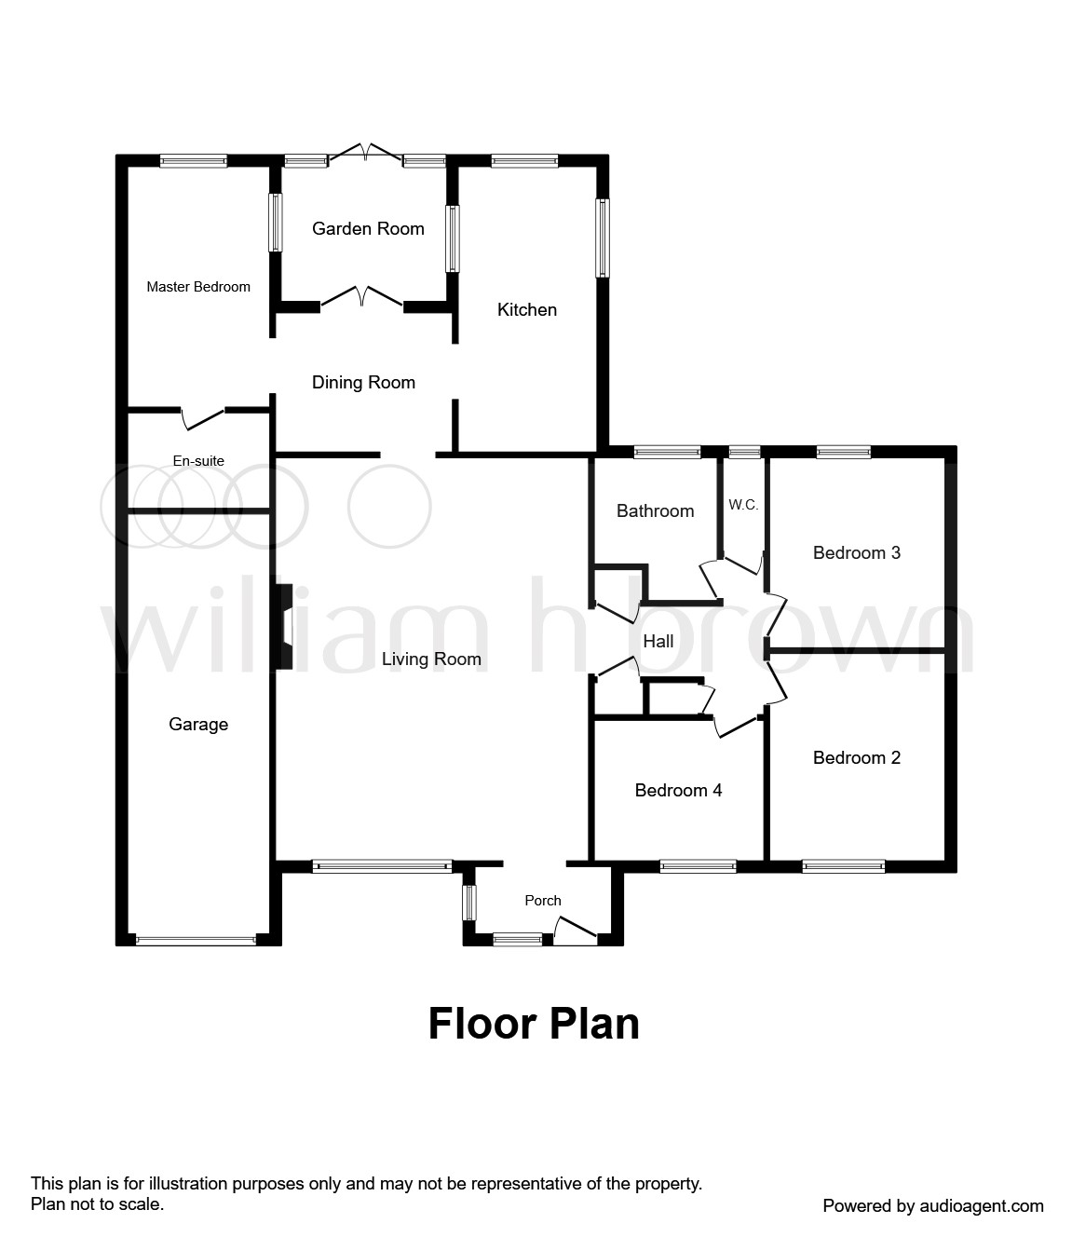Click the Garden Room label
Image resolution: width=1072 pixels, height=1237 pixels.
pyautogui.click(x=368, y=228)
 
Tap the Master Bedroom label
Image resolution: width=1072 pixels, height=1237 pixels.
pyautogui.click(x=198, y=287)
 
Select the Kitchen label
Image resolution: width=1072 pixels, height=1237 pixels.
pyautogui.click(x=527, y=309)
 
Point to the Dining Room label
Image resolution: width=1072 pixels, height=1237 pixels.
pyautogui.click(x=363, y=383)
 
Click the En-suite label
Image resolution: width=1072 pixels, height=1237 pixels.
pyautogui.click(x=198, y=461)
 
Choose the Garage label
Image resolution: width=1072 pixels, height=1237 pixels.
pyautogui.click(x=198, y=724)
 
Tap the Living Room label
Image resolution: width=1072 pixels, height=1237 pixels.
pyautogui.click(x=431, y=659)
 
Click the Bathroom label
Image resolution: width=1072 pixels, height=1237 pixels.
pyautogui.click(x=655, y=510)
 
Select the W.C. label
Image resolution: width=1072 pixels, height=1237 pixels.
pyautogui.click(x=743, y=505)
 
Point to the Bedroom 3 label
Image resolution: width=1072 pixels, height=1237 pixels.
pyautogui.click(x=857, y=552)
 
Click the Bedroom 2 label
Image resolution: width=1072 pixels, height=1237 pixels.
pyautogui.click(x=857, y=757)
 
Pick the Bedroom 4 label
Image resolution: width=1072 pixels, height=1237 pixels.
pyautogui.click(x=678, y=790)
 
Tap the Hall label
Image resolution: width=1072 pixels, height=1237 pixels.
pyautogui.click(x=658, y=641)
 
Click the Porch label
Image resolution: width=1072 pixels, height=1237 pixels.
pyautogui.click(x=543, y=900)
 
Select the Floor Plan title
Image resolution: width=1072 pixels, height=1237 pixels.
pyautogui.click(x=534, y=1024)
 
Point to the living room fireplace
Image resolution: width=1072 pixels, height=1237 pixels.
pyautogui.click(x=284, y=627)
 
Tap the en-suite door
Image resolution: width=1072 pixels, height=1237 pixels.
pyautogui.click(x=202, y=418)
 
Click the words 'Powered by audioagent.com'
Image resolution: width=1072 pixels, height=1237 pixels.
pyautogui.click(x=933, y=1205)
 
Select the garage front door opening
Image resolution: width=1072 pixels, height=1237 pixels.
pyautogui.click(x=196, y=940)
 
